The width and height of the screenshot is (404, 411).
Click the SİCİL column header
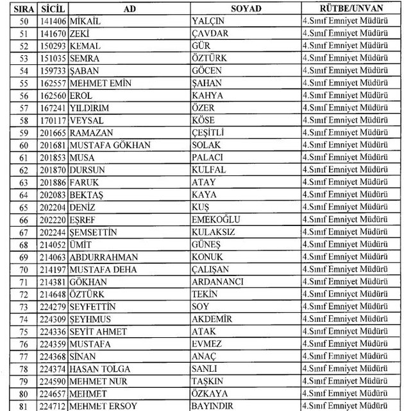tap(51, 9)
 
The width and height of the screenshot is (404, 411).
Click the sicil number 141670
tap(51, 33)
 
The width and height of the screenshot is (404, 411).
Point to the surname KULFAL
tap(208, 170)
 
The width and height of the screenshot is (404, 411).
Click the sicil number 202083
tap(51, 194)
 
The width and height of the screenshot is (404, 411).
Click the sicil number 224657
tap(51, 394)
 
